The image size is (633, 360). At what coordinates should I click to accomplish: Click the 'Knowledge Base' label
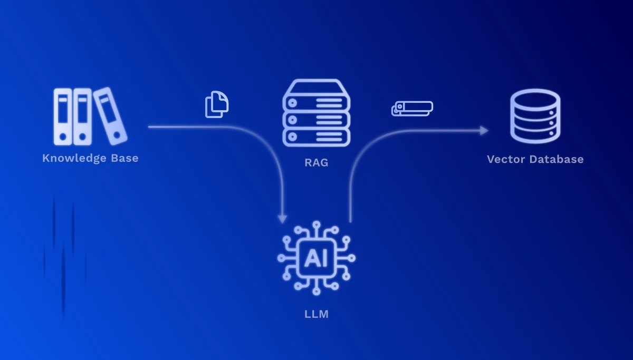(x=90, y=158)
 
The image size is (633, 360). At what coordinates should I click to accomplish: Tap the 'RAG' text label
(x=316, y=162)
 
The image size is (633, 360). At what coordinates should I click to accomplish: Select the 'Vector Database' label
(x=535, y=159)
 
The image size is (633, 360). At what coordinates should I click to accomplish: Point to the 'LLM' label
(x=316, y=314)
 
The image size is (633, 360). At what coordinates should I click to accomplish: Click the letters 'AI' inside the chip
(x=316, y=258)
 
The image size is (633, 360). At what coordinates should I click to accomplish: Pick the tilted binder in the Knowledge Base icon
(x=111, y=115)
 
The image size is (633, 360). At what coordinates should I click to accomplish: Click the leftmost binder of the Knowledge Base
(x=63, y=116)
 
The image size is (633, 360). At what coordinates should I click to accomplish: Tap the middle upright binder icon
(x=82, y=116)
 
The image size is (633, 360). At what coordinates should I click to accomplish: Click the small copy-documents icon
(x=217, y=104)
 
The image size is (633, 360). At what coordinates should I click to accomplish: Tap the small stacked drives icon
(x=412, y=108)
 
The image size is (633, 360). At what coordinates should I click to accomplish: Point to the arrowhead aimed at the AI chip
(x=283, y=218)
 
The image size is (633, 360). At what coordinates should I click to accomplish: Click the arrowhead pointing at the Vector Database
(x=484, y=131)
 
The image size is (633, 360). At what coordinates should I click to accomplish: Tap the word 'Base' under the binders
(x=123, y=158)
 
